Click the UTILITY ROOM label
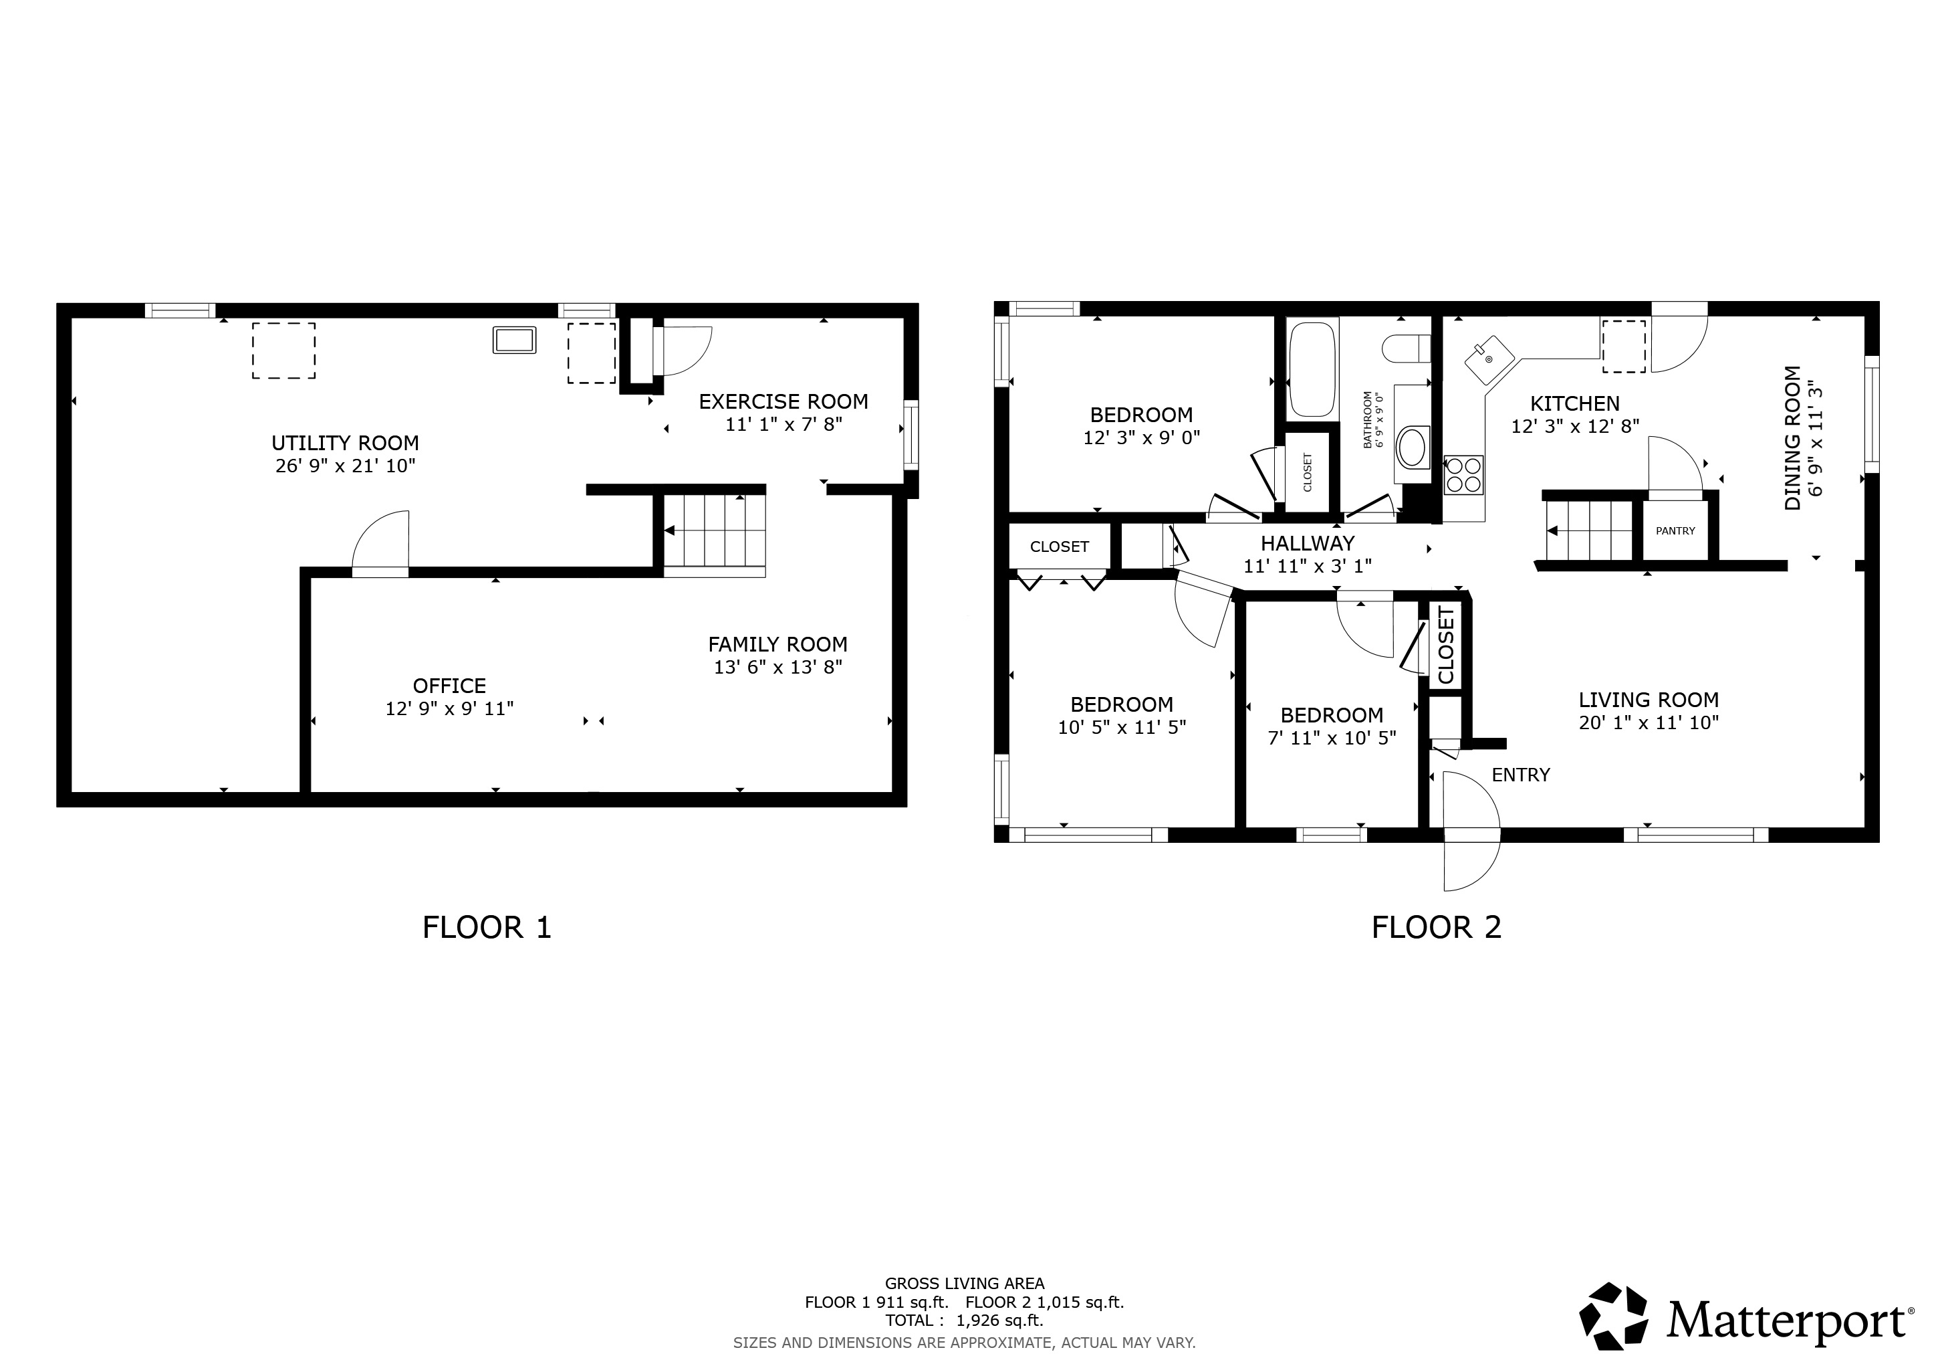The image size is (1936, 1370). tap(345, 443)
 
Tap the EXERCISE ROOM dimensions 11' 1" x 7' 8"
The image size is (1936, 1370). tap(784, 424)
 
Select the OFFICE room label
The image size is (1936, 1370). tap(449, 686)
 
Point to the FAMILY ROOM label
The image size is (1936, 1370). tap(777, 644)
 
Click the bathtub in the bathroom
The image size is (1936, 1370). tap(1312, 368)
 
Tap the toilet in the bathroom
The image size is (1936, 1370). tap(1407, 349)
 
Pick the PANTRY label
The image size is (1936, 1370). tap(1675, 530)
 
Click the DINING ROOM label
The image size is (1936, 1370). tap(1793, 438)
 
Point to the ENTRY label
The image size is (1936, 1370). tap(1520, 775)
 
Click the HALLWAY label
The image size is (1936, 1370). tap(1308, 543)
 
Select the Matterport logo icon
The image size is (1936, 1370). tap(1613, 1316)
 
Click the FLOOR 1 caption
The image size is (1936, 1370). tap(487, 928)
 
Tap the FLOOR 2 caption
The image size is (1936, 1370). tap(1437, 928)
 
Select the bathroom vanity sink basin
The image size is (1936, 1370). tap(1413, 447)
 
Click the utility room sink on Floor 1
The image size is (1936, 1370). tap(513, 340)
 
